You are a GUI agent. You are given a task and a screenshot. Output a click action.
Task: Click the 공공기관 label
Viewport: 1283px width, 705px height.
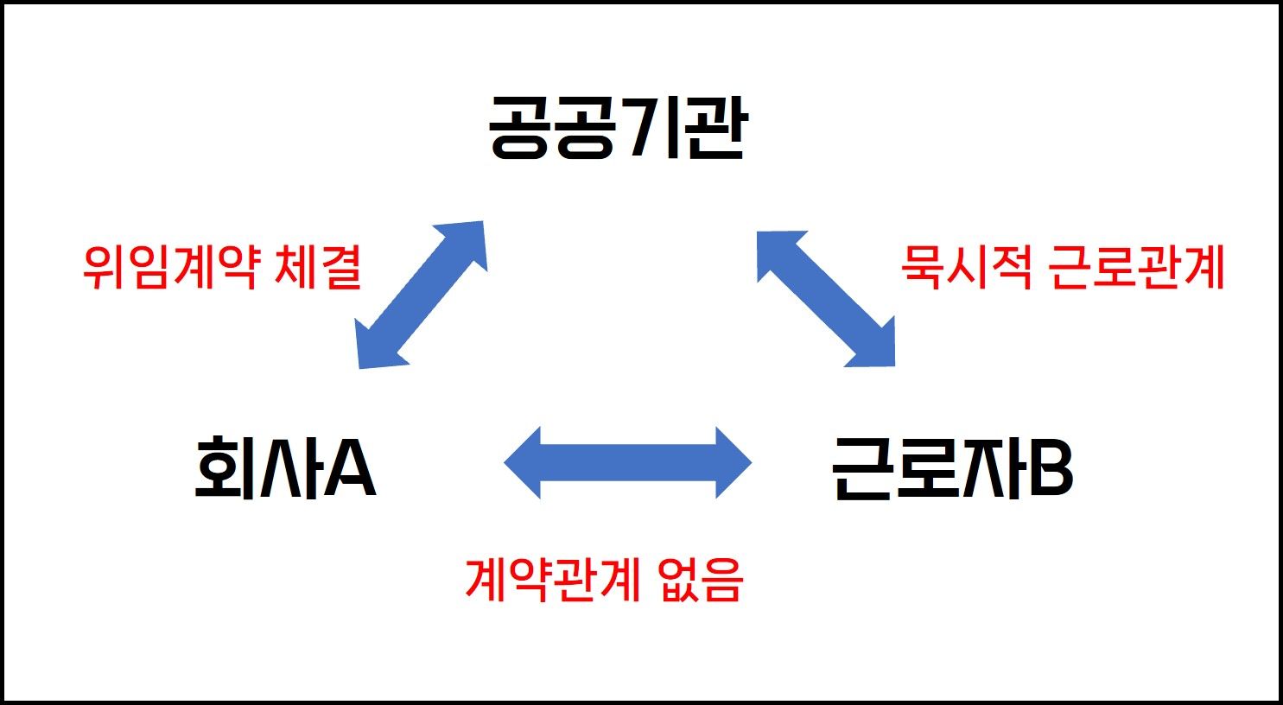pos(617,129)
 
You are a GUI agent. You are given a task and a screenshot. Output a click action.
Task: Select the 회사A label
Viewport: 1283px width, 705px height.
pos(285,467)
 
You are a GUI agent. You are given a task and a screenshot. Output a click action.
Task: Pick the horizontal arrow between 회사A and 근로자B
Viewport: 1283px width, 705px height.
pos(628,462)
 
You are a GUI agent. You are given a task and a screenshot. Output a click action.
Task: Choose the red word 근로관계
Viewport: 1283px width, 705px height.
pos(1136,267)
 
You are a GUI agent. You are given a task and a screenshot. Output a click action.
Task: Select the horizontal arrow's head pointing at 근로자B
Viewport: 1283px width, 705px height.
pos(732,462)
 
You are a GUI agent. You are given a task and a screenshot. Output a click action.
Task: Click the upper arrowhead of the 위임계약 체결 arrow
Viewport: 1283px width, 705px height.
pos(467,243)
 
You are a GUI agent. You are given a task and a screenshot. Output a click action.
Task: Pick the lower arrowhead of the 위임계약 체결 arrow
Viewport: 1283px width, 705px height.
pos(377,348)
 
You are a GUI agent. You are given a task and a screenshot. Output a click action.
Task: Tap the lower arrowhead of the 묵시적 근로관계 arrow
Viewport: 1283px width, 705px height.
pos(874,346)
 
